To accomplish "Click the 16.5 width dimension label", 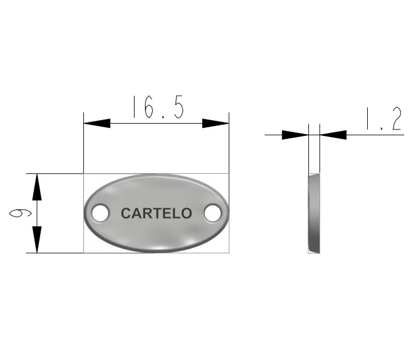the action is pos(159,107).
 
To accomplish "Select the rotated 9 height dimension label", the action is pos(20,213).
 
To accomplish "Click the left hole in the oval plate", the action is pos(100,213).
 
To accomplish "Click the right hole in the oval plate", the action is pos(213,213).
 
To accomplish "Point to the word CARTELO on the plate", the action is pos(156,214).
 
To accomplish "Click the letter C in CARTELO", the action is pos(126,214).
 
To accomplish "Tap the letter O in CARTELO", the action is pos(187,214).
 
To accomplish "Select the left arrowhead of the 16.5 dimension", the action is pos(97,123).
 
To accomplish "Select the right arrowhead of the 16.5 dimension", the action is pos(216,123).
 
